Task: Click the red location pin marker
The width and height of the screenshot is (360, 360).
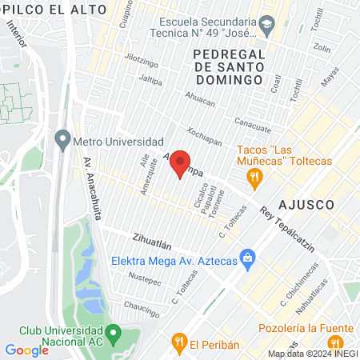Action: pos(181,162)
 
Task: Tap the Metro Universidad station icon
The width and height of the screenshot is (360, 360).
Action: pos(62,140)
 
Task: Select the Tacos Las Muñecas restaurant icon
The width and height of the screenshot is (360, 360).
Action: pos(254,177)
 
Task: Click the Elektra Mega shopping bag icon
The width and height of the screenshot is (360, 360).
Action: pos(248,258)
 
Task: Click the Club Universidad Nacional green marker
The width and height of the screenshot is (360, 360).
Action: pos(114,332)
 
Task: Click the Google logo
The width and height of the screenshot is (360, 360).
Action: pos(26,350)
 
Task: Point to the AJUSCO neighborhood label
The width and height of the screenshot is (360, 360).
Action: pos(306,204)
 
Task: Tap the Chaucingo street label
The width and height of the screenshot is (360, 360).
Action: pos(142,307)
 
